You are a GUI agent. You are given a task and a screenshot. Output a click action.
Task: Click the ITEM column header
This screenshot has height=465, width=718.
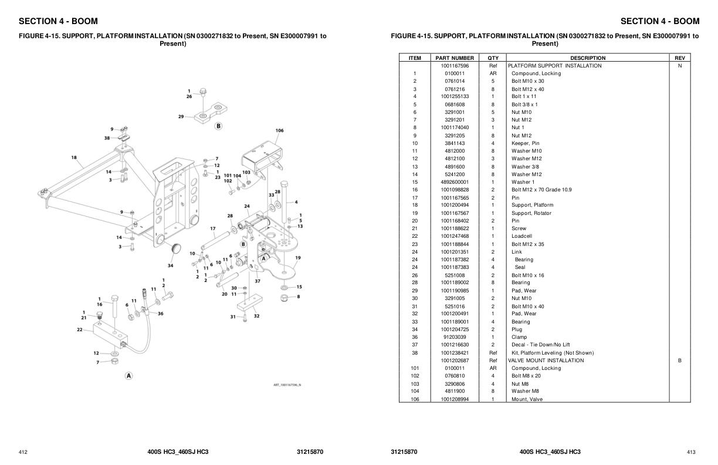pos(414,58)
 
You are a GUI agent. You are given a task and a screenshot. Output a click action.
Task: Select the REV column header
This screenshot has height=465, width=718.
pos(679,58)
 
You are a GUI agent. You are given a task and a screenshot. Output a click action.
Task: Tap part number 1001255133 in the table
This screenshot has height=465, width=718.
pos(455,96)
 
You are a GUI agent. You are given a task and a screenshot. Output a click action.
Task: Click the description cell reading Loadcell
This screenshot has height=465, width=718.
pos(521,236)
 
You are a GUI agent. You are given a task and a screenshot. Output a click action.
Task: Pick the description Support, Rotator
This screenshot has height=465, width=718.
pos(531,213)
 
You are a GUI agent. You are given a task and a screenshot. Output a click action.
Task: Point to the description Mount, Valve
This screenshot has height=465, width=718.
pos(527,399)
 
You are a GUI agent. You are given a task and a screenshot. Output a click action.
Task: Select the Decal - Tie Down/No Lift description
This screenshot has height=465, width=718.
pos(540,345)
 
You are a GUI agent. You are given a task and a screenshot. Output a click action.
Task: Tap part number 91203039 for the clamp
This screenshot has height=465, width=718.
pos(455,337)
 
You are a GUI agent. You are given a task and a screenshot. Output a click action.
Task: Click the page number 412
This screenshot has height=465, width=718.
pos(23,452)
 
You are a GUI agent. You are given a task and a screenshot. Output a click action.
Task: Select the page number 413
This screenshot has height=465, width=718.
pos(690,452)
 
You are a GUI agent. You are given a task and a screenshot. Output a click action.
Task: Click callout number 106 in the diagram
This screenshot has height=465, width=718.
pos(279,130)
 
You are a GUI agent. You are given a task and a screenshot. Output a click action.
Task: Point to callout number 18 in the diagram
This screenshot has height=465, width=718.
pos(74,157)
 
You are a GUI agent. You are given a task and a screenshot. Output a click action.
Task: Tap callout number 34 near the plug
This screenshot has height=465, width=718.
pos(170,265)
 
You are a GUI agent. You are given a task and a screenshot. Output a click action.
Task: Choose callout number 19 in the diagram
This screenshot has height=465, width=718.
pos(298,258)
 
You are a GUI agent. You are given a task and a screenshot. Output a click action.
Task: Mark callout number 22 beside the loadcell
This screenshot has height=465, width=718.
pos(80,329)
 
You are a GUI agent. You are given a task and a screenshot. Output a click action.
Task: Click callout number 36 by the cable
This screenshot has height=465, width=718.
pos(160,313)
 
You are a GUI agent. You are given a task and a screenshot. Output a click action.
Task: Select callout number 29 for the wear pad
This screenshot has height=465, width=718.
pos(181,116)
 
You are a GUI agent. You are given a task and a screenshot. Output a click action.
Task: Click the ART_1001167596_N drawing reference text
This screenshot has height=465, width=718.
pos(287,385)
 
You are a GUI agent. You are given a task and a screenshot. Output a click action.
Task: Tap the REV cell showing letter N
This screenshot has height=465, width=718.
pos(679,66)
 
